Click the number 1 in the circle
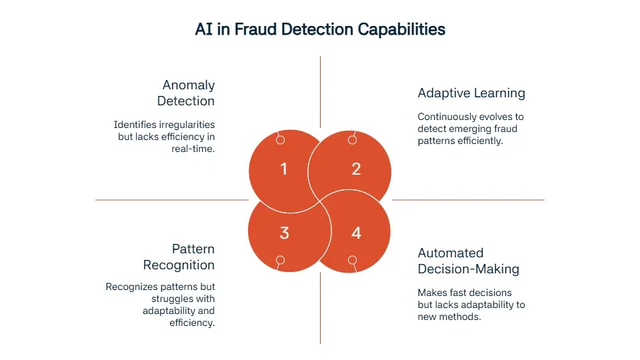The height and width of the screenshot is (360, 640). click(x=284, y=169)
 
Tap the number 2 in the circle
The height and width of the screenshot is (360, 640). click(x=356, y=169)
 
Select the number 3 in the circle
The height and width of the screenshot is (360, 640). click(x=284, y=233)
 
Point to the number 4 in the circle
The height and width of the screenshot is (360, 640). click(x=356, y=233)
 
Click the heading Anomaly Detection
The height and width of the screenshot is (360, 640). click(x=186, y=93)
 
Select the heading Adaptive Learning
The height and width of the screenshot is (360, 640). click(x=471, y=93)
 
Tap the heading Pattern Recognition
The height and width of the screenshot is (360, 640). click(x=179, y=257)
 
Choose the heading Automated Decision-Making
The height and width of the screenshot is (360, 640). click(x=468, y=261)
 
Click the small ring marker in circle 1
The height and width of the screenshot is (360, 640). click(x=280, y=140)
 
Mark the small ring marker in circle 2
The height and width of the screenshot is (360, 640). click(x=353, y=140)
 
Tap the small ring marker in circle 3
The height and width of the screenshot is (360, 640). click(x=280, y=260)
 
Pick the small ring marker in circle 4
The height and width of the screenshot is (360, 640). click(x=353, y=260)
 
